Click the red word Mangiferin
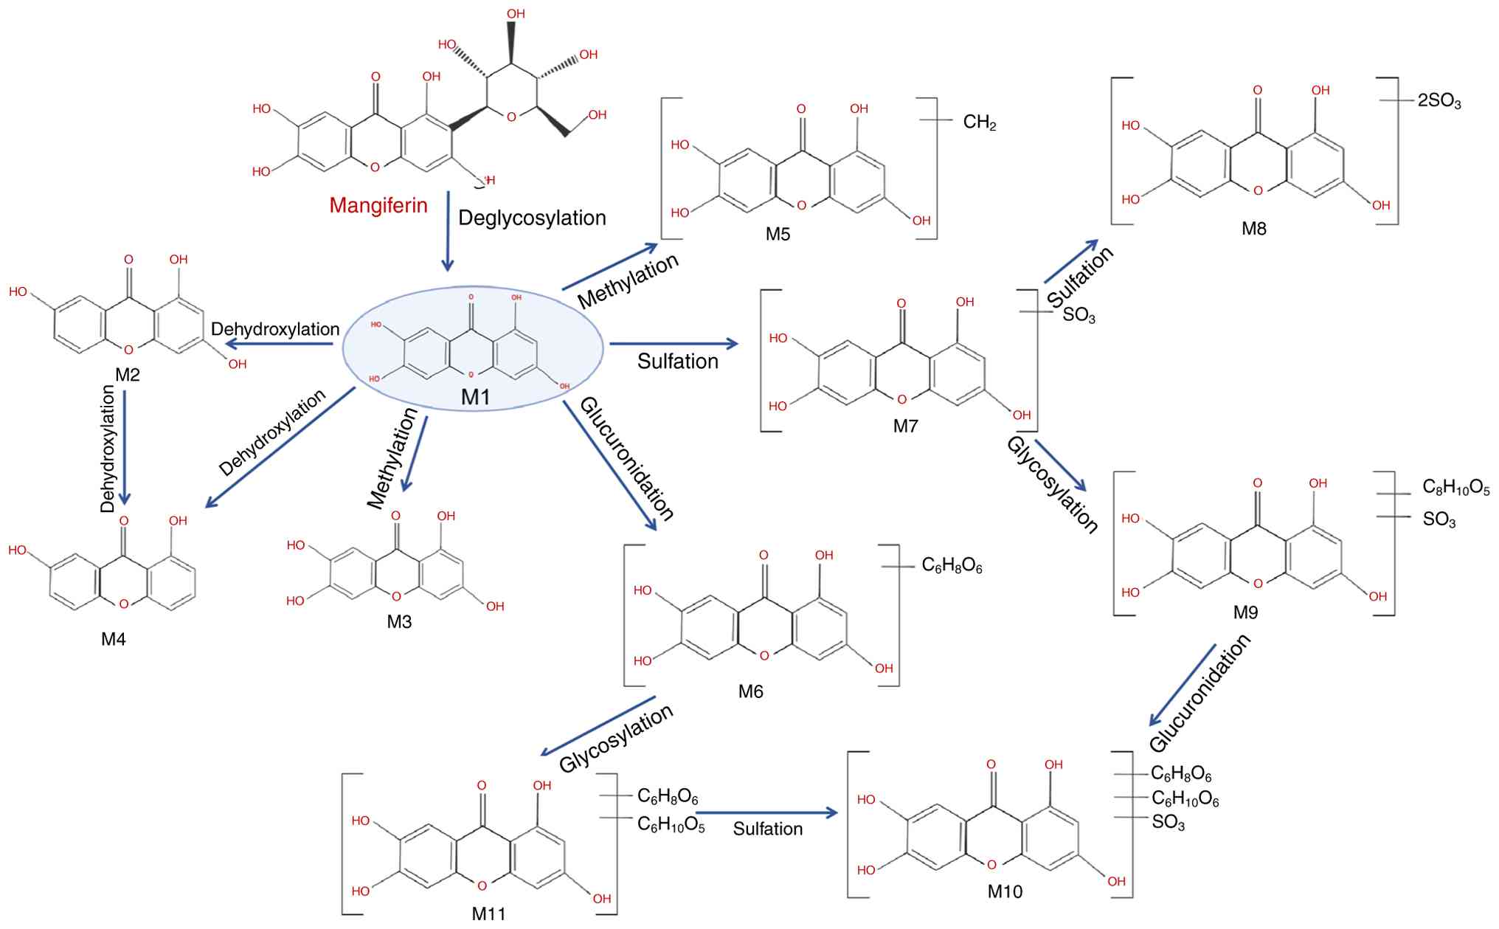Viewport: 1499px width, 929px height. [x=378, y=205]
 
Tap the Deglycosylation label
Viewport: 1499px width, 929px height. [x=532, y=218]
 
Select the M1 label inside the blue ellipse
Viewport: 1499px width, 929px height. [x=475, y=397]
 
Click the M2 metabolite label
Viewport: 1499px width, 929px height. [x=127, y=375]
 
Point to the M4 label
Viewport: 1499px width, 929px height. [x=114, y=639]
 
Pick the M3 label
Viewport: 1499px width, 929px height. [x=399, y=622]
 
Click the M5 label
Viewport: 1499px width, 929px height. [x=778, y=235]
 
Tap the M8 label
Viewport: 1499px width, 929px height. [x=1253, y=229]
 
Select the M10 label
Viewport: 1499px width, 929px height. [x=1005, y=891]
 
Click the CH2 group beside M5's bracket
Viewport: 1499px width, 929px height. [x=980, y=122]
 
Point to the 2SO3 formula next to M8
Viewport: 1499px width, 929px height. [x=1439, y=102]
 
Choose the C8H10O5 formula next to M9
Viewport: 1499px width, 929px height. [x=1455, y=489]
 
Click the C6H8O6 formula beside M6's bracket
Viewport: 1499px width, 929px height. [x=952, y=566]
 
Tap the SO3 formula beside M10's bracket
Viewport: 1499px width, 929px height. [x=1168, y=823]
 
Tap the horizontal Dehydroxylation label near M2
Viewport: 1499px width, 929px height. [x=275, y=329]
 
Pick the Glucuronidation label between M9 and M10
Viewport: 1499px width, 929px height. [x=1199, y=694]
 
